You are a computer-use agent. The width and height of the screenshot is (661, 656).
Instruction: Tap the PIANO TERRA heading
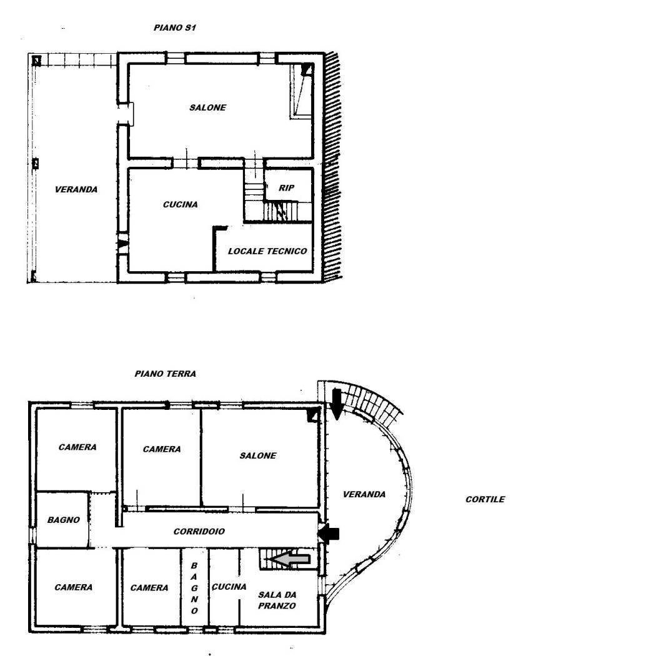click(x=165, y=374)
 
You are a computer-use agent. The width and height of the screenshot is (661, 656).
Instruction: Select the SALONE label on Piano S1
click(x=207, y=107)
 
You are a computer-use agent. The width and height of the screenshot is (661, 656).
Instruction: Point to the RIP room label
click(x=286, y=187)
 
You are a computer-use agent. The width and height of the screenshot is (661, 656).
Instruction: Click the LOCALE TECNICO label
click(x=267, y=251)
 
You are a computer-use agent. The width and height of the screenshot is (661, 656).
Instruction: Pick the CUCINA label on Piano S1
click(x=180, y=204)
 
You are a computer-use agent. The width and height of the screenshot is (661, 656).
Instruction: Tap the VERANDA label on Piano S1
click(x=76, y=189)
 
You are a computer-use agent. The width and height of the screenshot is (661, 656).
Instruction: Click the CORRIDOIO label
click(x=199, y=532)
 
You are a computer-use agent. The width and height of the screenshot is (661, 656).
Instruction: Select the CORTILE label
click(x=485, y=499)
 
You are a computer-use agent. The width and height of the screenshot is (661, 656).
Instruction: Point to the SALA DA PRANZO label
click(x=277, y=600)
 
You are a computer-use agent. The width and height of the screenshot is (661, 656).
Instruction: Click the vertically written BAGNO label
click(x=194, y=587)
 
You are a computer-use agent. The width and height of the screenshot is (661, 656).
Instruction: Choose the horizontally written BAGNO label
click(x=64, y=520)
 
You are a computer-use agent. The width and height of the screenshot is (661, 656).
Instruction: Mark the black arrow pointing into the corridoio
click(x=329, y=534)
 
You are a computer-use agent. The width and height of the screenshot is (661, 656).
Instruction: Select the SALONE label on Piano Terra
click(x=257, y=455)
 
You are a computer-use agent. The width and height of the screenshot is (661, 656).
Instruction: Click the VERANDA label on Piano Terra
click(x=364, y=494)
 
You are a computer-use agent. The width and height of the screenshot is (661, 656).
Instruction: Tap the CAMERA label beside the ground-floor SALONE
click(x=162, y=449)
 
